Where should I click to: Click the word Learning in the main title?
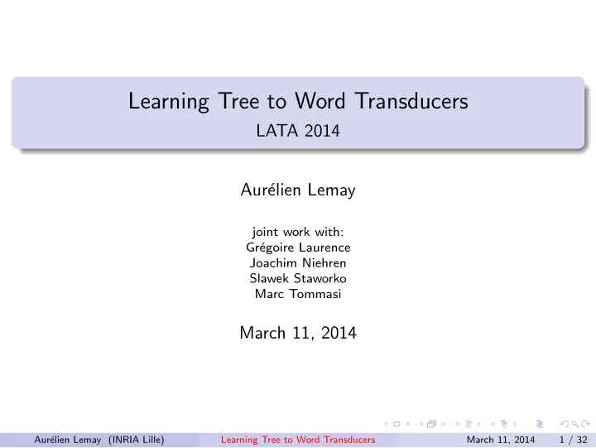click(168, 102)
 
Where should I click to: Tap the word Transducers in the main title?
click(411, 101)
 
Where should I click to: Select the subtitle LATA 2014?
click(298, 131)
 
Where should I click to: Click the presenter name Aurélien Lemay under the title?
click(298, 190)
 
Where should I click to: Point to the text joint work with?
click(298, 232)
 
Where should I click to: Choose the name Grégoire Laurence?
click(298, 248)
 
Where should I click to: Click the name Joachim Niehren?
click(298, 263)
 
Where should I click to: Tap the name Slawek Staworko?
click(298, 278)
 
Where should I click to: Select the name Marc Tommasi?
click(298, 294)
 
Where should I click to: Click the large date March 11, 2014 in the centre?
click(298, 333)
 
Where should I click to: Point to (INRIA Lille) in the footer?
click(136, 440)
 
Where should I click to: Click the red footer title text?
click(298, 440)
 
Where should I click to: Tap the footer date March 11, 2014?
click(501, 440)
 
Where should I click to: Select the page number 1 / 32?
click(573, 440)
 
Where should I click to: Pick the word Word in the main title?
click(320, 101)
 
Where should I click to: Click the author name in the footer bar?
click(68, 440)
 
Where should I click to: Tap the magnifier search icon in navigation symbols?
click(574, 424)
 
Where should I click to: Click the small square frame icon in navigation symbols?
click(397, 424)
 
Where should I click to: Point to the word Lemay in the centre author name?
click(331, 190)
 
